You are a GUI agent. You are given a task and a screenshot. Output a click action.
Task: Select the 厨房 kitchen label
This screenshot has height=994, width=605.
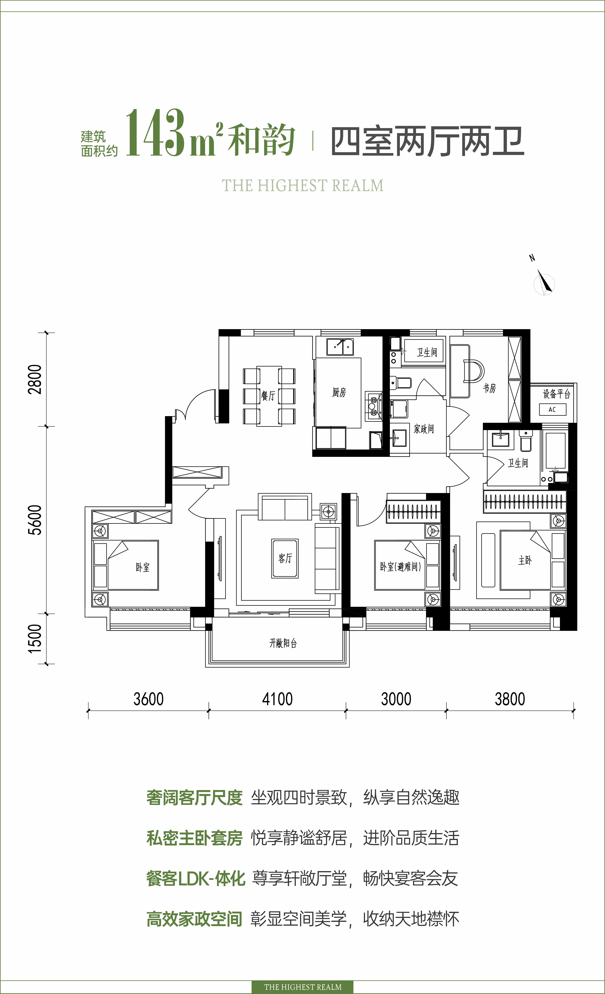(x=339, y=392)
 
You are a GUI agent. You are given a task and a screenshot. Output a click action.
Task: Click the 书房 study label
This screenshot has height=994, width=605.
(x=490, y=388)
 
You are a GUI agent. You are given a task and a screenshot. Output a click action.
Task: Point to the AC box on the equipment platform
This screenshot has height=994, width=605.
(x=552, y=409)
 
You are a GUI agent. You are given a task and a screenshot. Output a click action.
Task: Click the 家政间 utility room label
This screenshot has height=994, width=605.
(x=424, y=429)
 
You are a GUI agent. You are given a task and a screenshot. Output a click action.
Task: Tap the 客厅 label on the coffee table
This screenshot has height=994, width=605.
(x=285, y=558)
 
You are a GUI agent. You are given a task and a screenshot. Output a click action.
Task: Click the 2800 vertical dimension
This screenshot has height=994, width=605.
(x=36, y=379)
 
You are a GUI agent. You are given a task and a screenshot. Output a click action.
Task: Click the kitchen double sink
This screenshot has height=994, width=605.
(x=340, y=347)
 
